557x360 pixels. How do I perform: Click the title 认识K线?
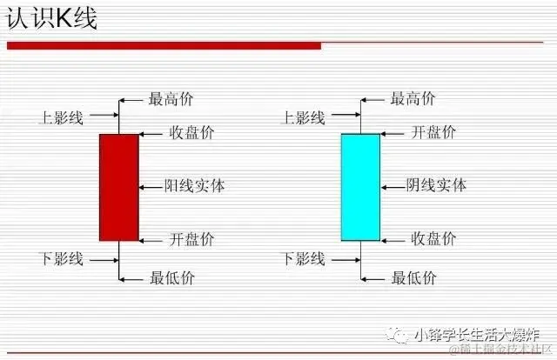[52, 19]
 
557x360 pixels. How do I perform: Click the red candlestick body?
[119, 187]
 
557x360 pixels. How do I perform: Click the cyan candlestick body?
[360, 187]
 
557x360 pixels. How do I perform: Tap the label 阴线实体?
[437, 185]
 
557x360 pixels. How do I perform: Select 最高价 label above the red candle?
[171, 99]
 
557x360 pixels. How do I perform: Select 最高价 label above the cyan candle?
[413, 99]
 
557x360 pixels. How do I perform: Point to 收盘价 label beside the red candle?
[191, 133]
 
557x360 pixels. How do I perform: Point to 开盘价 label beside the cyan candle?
[433, 133]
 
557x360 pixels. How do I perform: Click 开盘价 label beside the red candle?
[191, 239]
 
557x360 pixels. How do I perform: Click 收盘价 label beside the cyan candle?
[433, 239]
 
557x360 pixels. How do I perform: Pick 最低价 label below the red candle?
[171, 278]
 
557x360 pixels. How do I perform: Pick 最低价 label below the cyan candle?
[413, 278]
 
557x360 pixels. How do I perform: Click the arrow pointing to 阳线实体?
[150, 185]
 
